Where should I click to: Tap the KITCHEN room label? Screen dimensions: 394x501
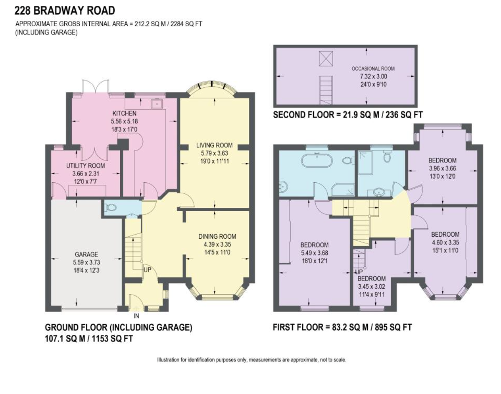[124, 114]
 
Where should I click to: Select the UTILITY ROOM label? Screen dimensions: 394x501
[86, 166]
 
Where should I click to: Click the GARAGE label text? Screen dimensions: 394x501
[86, 254]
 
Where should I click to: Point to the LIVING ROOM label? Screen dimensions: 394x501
[214, 146]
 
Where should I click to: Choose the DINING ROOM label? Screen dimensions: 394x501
[214, 236]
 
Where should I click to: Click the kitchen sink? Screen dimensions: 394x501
[157, 103]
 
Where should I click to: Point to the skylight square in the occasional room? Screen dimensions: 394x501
[324, 58]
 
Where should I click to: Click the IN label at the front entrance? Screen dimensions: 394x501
[136, 316]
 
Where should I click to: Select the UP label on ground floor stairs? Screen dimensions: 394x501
[147, 270]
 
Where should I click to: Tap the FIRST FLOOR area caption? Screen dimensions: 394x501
[342, 327]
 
